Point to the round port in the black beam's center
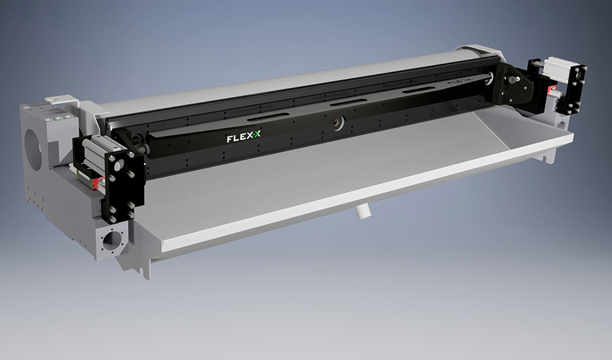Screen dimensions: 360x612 (337, 121)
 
